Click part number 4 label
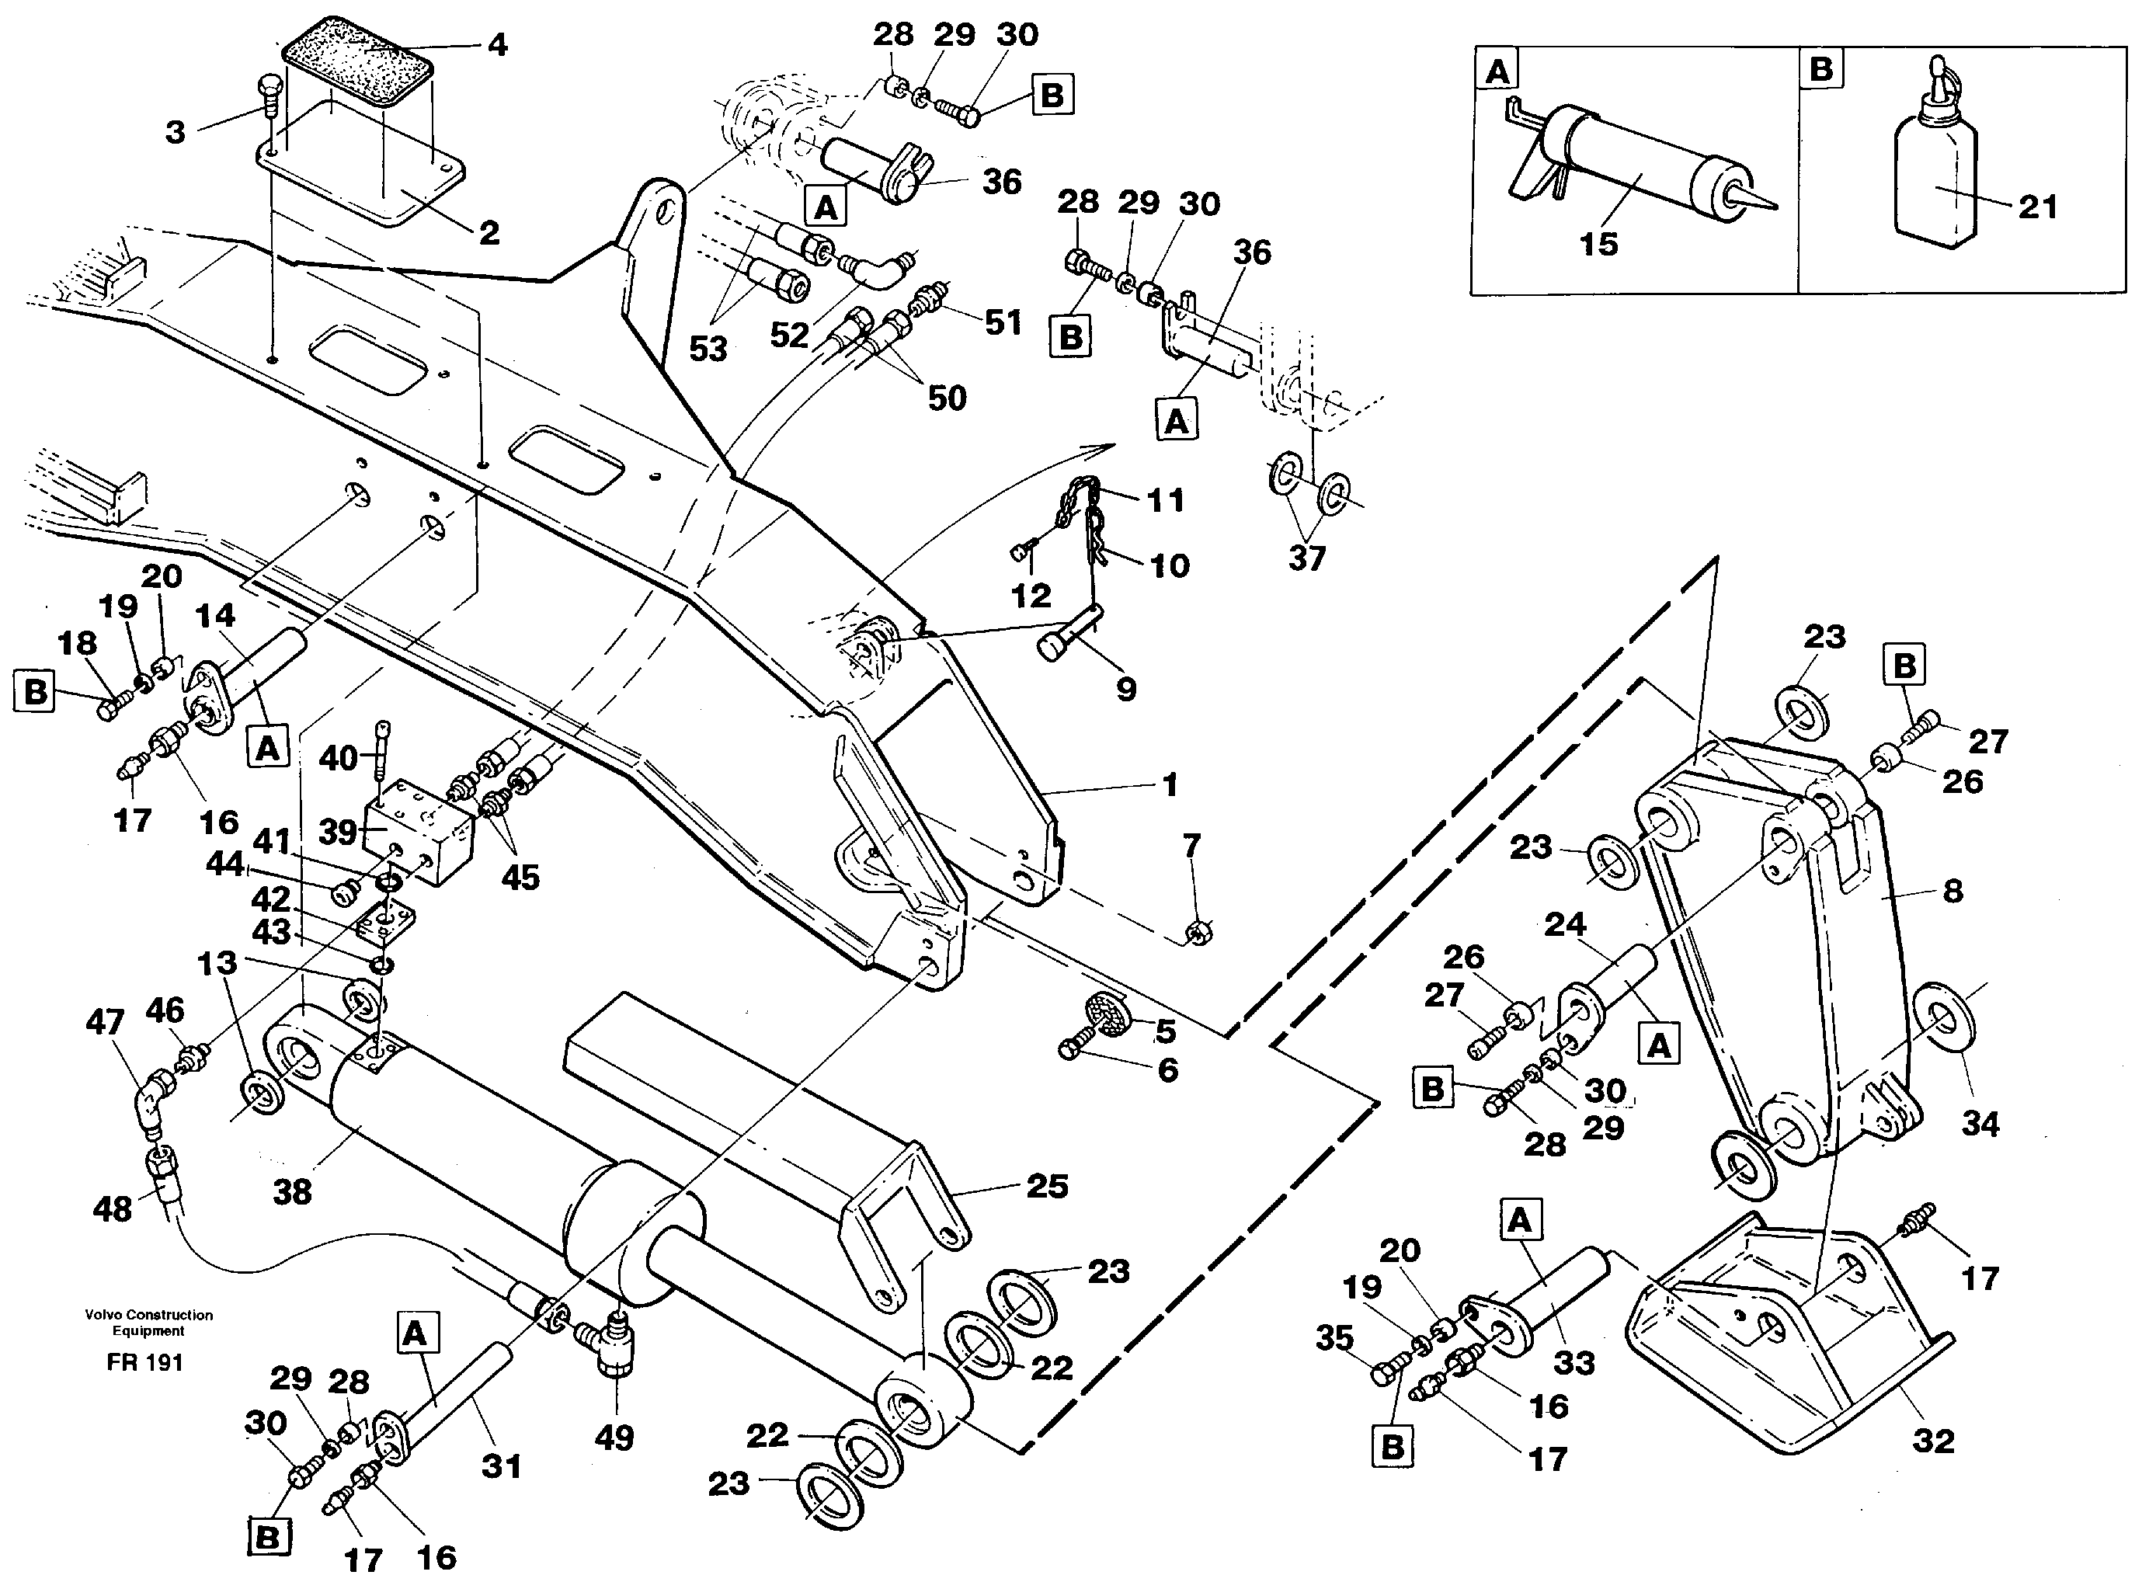(x=496, y=44)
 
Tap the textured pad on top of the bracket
(x=357, y=61)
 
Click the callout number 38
(x=293, y=1193)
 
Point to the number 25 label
(x=1047, y=1186)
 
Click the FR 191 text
(x=145, y=1363)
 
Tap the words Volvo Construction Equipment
(x=148, y=1323)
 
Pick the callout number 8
(x=1952, y=891)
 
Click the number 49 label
(x=614, y=1438)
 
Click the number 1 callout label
(x=1170, y=786)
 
